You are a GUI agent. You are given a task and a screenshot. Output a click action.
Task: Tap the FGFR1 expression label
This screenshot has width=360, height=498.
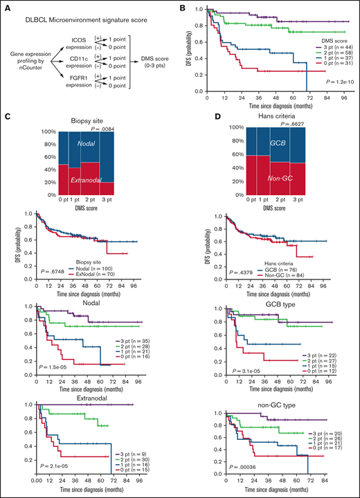pos(77,80)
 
